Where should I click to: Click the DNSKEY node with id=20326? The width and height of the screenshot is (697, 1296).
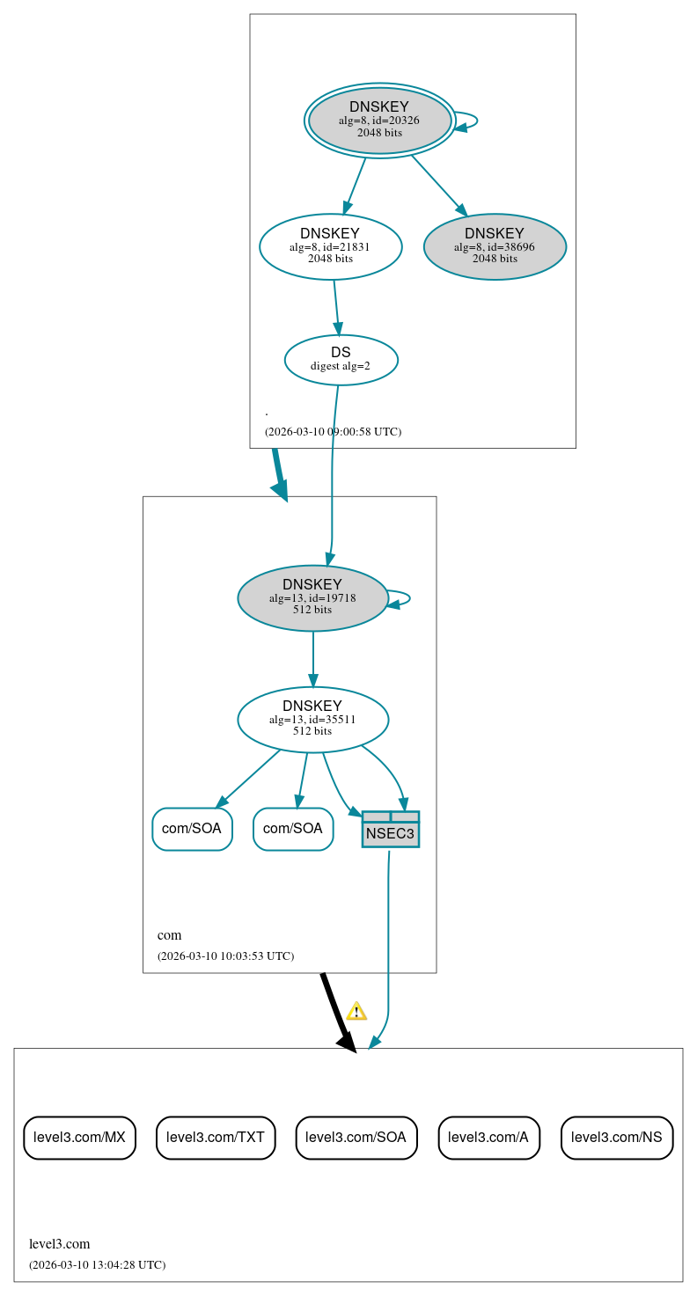tap(379, 121)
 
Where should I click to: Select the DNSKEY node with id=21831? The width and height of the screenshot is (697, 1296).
tap(330, 246)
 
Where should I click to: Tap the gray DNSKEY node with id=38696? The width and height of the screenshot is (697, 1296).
tap(495, 246)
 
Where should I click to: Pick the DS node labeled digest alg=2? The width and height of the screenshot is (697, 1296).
tap(341, 359)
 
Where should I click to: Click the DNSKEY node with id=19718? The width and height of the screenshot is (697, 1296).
tap(312, 597)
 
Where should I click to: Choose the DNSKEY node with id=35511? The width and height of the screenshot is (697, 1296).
tap(312, 719)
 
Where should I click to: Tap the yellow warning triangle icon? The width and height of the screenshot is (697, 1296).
tap(356, 1011)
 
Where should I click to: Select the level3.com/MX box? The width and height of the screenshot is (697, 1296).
tap(79, 1137)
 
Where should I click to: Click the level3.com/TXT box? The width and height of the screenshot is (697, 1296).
tap(216, 1137)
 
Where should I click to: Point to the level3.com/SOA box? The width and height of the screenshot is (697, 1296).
tap(356, 1137)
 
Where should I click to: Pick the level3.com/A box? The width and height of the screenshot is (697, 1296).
tap(488, 1137)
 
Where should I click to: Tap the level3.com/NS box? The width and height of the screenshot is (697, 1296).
tap(616, 1137)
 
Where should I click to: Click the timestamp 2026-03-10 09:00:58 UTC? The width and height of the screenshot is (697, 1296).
tap(333, 432)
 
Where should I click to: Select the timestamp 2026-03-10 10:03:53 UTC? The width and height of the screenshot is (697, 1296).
tap(225, 956)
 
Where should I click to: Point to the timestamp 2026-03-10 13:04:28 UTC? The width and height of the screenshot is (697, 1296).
tap(97, 1264)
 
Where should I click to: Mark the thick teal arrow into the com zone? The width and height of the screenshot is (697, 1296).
tap(279, 475)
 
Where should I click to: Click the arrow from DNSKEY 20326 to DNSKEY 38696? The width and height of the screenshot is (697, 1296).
tap(437, 183)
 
